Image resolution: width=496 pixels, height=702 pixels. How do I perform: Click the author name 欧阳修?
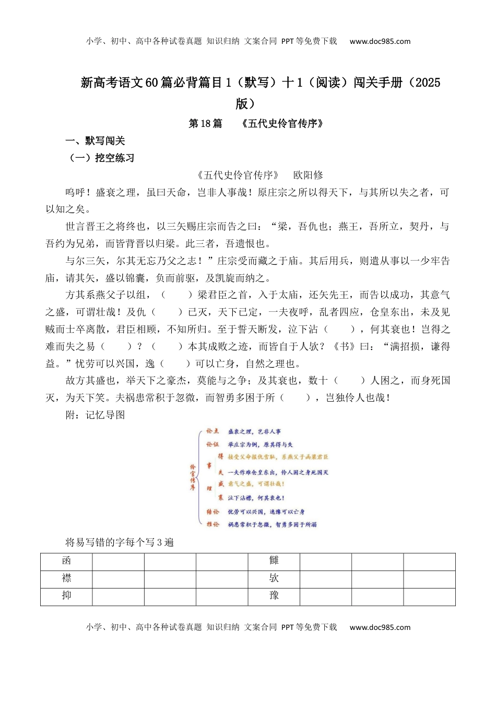pyautogui.click(x=308, y=175)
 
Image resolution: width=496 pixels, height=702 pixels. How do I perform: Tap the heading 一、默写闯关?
pyautogui.click(x=95, y=141)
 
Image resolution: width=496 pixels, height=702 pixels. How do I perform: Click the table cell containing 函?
pyautogui.click(x=66, y=561)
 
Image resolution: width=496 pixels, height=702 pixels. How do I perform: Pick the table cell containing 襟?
pyautogui.click(x=66, y=578)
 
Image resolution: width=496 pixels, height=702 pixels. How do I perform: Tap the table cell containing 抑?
pyautogui.click(x=66, y=595)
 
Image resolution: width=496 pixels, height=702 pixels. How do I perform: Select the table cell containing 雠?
pyautogui.click(x=274, y=561)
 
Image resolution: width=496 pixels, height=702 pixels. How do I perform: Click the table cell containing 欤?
pyautogui.click(x=274, y=578)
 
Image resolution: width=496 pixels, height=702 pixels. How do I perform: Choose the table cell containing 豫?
pyautogui.click(x=274, y=595)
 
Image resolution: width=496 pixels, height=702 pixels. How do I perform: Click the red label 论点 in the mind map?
pyautogui.click(x=212, y=431)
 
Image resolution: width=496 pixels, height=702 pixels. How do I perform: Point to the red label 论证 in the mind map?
pyautogui.click(x=212, y=444)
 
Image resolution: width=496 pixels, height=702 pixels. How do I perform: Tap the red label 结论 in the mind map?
pyautogui.click(x=212, y=512)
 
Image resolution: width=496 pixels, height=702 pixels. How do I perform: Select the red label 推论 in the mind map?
pyautogui.click(x=212, y=524)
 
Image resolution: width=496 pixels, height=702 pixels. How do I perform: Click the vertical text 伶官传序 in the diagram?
pyautogui.click(x=193, y=476)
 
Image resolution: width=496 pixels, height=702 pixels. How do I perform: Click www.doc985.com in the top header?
pyautogui.click(x=380, y=41)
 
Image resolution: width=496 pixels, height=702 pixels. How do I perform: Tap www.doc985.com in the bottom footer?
pyautogui.click(x=380, y=627)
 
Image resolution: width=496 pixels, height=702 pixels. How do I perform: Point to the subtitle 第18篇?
pyautogui.click(x=205, y=123)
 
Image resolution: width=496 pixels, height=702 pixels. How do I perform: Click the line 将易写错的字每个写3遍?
pyautogui.click(x=119, y=542)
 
